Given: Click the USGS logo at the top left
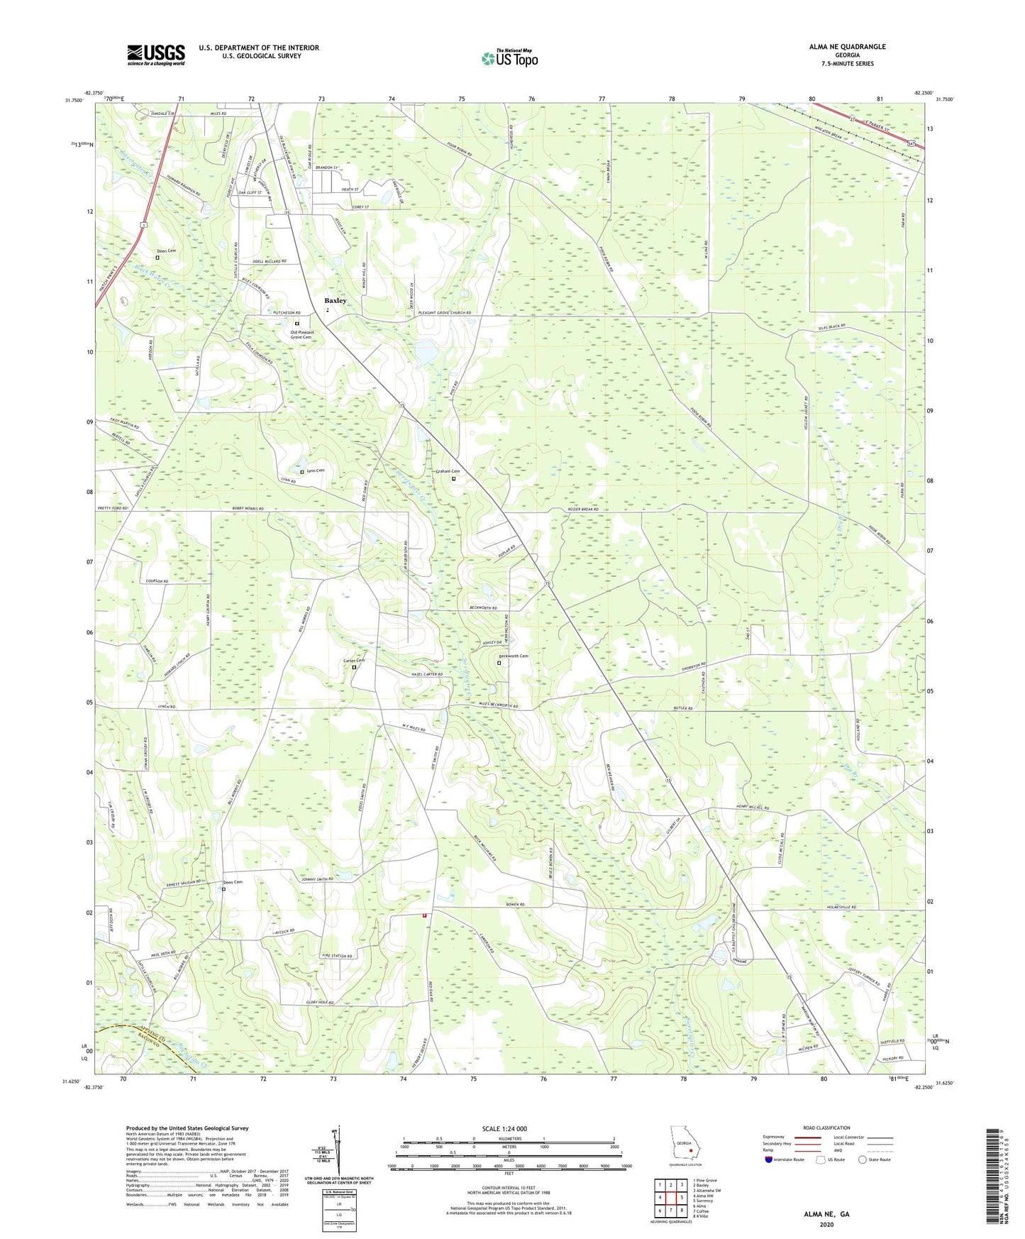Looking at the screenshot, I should [156, 55].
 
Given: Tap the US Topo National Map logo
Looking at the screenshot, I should [509, 58].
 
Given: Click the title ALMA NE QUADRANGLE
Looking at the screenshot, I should [847, 47].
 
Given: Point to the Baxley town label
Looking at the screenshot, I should [336, 301].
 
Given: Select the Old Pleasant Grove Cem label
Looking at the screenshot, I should [301, 334].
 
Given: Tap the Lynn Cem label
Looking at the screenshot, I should [316, 470].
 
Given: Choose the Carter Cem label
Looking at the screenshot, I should [354, 661].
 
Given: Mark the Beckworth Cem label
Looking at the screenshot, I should [514, 656].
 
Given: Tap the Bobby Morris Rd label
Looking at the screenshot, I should [248, 509].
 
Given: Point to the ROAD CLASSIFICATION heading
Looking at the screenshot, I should [826, 1128].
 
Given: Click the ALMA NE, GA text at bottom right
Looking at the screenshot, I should [826, 1214].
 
